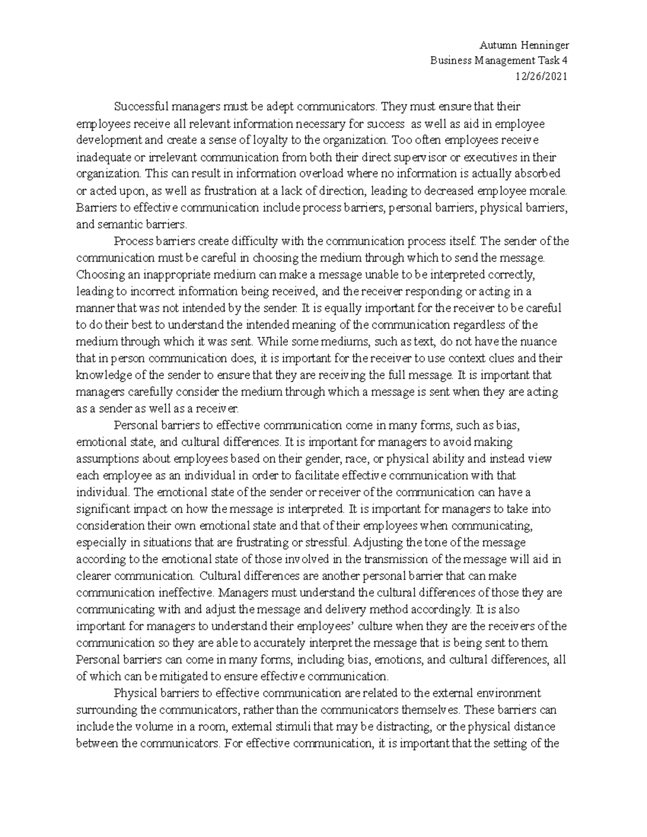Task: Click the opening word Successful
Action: (x=138, y=107)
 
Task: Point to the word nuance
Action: (x=541, y=341)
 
